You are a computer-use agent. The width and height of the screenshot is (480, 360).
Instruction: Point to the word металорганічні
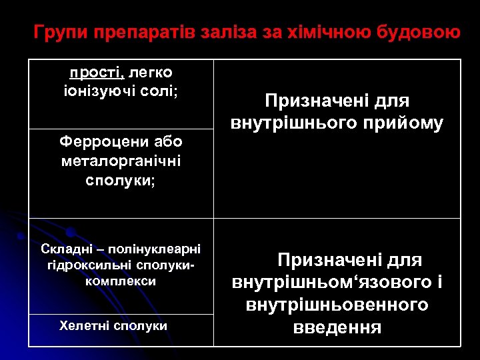[x=121, y=161]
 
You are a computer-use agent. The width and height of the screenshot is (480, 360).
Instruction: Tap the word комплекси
[x=121, y=281]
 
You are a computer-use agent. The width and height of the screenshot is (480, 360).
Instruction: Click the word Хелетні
[x=84, y=325]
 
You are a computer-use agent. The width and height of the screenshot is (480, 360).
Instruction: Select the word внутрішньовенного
[x=337, y=305]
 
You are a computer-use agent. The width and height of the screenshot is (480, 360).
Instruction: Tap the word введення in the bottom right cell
[x=337, y=328]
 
